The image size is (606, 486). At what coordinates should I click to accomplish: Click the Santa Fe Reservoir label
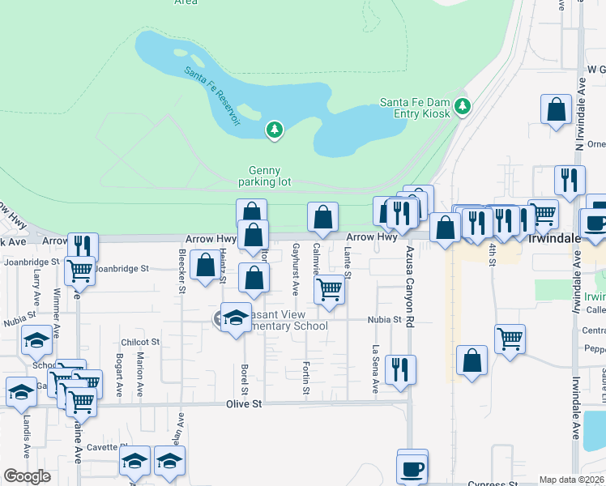212,95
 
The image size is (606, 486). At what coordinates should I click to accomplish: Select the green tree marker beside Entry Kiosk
462,106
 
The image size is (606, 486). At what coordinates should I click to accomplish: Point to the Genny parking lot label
264,176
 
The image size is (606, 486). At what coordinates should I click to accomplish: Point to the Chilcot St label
140,343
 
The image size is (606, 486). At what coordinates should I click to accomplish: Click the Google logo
27,476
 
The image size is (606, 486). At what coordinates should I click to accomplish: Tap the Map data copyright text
572,480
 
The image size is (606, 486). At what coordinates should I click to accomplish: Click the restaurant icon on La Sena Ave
400,369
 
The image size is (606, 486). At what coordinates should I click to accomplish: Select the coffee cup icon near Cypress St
412,467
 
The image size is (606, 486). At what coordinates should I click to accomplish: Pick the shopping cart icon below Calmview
329,288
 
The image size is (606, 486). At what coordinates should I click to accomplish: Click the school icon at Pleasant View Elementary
236,318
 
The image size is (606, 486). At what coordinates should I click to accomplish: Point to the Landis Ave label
27,437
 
